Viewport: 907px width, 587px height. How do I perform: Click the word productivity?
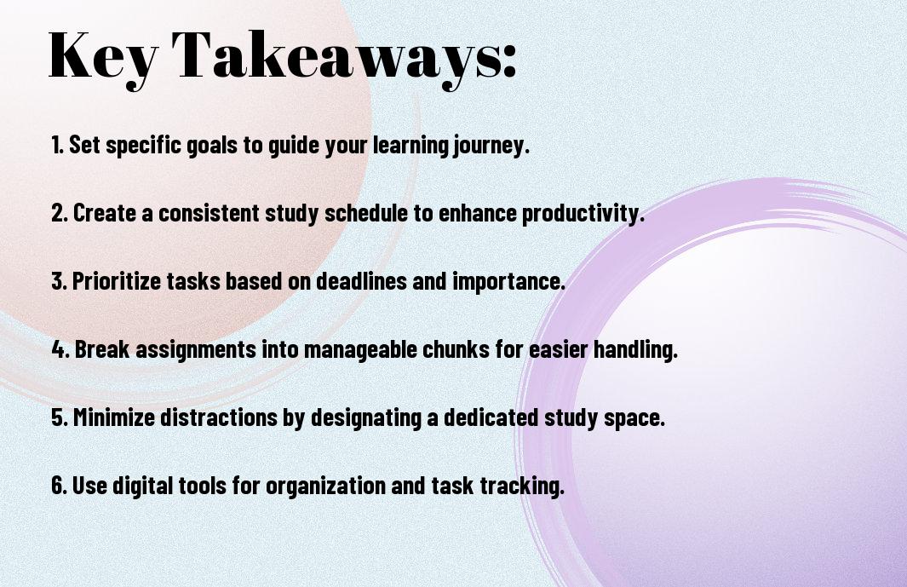(x=583, y=214)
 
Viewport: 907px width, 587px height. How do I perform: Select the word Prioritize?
(x=117, y=281)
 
